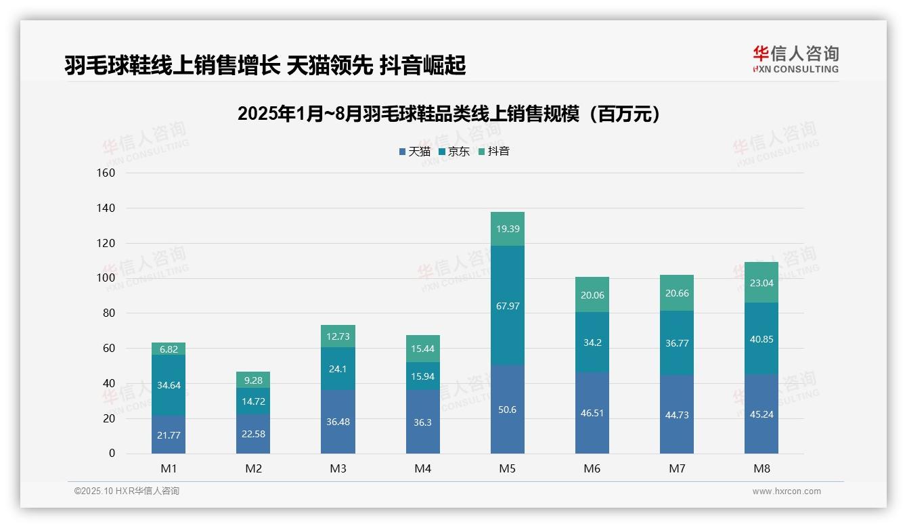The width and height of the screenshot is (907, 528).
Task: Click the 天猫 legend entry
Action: (x=414, y=152)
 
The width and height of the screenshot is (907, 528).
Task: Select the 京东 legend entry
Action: (x=453, y=152)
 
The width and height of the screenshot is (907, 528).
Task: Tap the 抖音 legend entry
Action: (x=493, y=152)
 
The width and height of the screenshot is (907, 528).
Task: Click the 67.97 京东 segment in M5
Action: (x=507, y=306)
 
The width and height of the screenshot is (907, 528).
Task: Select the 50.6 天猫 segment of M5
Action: (x=507, y=410)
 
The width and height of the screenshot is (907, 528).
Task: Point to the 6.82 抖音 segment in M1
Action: (x=169, y=349)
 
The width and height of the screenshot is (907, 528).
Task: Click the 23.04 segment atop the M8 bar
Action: (x=761, y=283)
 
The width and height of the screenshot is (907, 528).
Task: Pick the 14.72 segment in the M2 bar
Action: (x=253, y=401)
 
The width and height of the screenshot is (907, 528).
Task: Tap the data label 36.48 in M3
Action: (x=338, y=422)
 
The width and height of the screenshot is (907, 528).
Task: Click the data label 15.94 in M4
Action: (x=422, y=376)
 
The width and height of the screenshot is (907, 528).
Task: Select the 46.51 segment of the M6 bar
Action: (x=592, y=412)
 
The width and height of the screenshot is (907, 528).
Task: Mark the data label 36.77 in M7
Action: (x=676, y=343)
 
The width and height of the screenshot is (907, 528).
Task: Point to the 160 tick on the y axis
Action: (x=107, y=173)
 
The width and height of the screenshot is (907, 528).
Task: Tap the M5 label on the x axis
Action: (x=507, y=468)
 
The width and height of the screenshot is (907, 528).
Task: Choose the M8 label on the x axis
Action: (x=761, y=468)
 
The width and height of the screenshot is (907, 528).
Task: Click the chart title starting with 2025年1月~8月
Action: (x=449, y=114)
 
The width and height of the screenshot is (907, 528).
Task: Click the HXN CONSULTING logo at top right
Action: (x=795, y=60)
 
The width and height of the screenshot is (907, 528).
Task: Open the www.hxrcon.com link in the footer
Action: (x=787, y=491)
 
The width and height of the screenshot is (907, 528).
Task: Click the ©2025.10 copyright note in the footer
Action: (x=127, y=491)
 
